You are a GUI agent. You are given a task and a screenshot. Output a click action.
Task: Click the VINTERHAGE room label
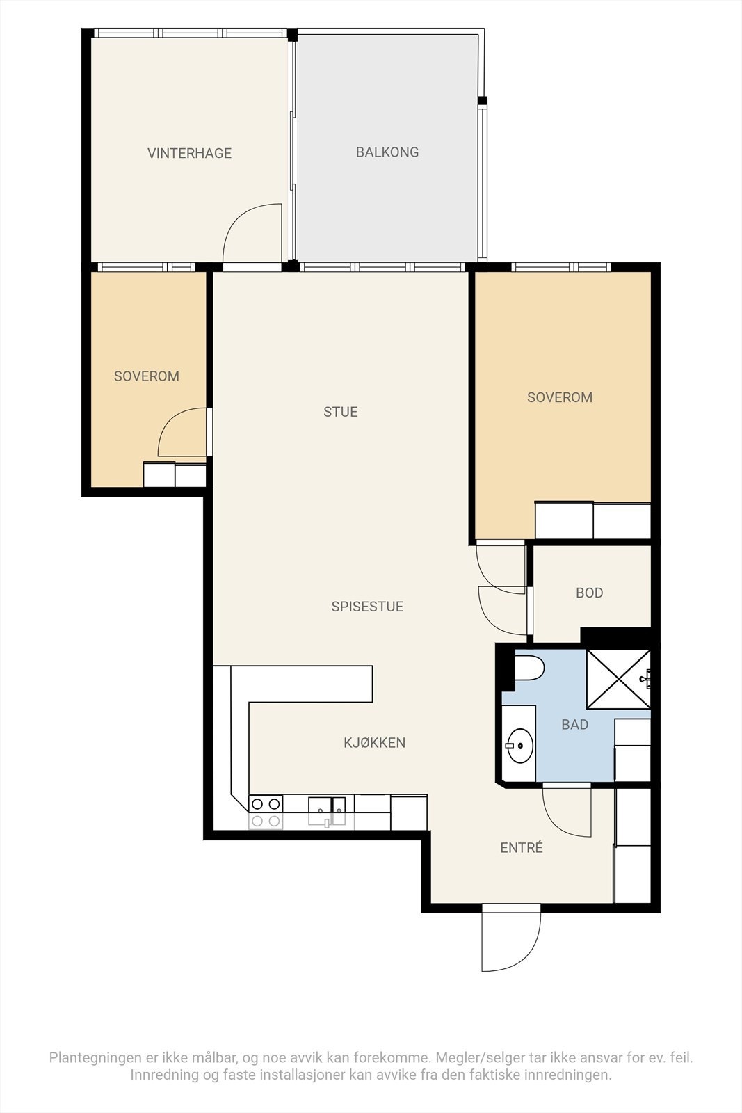coord(189,153)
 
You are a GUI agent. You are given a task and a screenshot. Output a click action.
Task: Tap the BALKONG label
coord(387,152)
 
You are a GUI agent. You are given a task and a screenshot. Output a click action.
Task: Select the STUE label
coord(340,411)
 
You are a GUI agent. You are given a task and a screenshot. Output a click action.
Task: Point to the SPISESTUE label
coord(367,606)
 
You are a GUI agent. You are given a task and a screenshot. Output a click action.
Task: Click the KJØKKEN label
coord(374,742)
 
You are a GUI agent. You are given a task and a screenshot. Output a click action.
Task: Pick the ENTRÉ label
coord(521,847)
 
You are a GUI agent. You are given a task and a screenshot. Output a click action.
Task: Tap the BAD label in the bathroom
coord(574,724)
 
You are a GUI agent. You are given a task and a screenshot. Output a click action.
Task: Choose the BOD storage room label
coord(589,593)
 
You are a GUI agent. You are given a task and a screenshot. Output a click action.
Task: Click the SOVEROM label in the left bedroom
coord(147,376)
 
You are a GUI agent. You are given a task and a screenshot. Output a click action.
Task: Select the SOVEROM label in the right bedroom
coord(560,397)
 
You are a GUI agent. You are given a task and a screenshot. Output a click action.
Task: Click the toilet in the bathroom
coord(529,668)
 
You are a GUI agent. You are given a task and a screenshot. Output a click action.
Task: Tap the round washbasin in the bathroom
coord(519,745)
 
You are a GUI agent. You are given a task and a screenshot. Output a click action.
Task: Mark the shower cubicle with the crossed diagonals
coord(618,679)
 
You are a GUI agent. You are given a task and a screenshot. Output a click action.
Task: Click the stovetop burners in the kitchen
coord(266,812)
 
